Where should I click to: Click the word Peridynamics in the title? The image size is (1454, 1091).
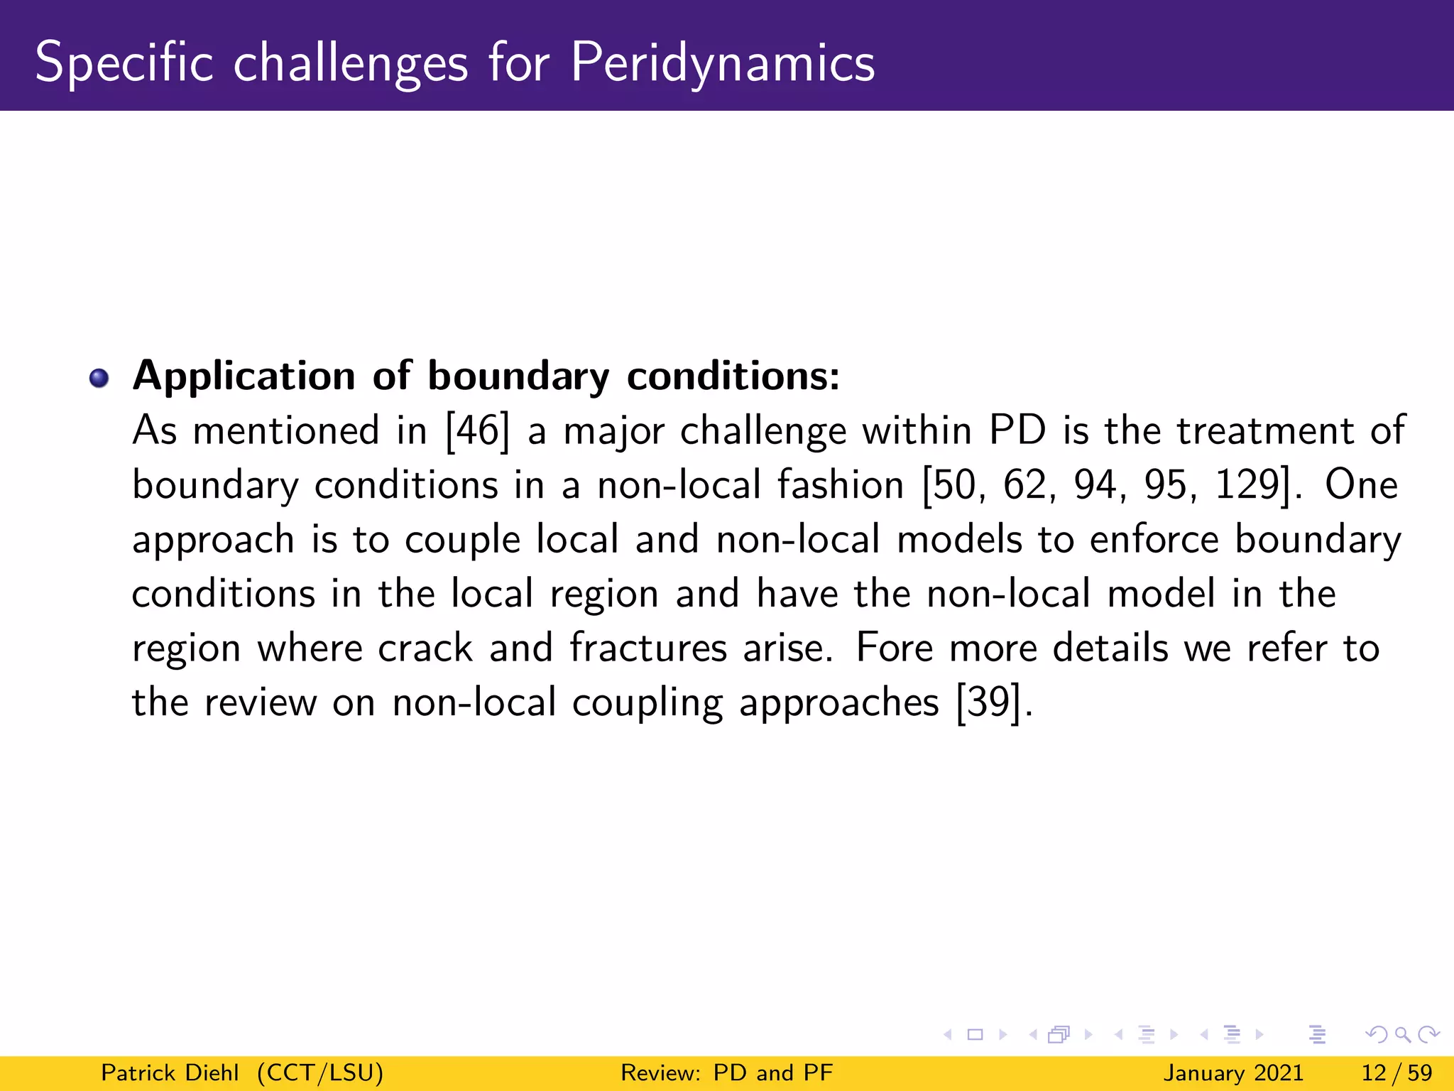722,63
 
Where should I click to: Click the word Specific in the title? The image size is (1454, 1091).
124,63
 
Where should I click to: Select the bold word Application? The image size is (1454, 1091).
244,376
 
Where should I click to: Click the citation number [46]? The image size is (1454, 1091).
477,430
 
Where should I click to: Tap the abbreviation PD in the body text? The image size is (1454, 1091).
1017,430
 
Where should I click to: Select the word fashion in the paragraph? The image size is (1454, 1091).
840,485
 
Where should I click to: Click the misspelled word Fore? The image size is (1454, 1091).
894,648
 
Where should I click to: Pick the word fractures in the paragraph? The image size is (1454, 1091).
647,648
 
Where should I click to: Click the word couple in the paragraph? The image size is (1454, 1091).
462,540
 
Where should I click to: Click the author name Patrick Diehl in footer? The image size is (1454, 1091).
170,1073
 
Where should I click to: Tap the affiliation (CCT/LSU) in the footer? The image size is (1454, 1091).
320,1073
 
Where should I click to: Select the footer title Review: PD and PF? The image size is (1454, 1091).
726,1073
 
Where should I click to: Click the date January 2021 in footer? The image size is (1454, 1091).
1233,1073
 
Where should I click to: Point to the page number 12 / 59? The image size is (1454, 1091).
1396,1073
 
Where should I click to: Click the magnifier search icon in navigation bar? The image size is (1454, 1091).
1402,1035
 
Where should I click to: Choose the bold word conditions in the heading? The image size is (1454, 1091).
733,376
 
